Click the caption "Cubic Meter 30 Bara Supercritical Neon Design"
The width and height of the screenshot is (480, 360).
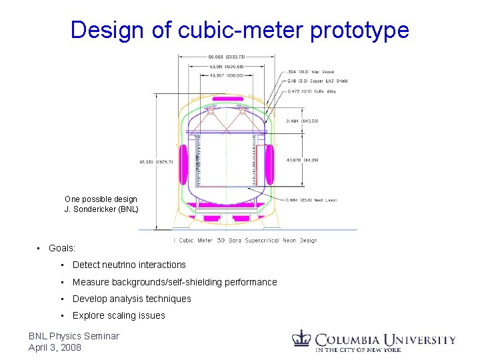[247, 241]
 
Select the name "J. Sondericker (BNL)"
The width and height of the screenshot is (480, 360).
[101, 209]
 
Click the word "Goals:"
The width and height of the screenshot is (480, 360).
[61, 248]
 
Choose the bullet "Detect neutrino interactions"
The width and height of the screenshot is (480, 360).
[129, 265]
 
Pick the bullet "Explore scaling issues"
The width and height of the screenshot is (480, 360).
[119, 315]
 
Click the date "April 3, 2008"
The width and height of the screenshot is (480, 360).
[55, 347]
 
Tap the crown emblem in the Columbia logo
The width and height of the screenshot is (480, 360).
[303, 338]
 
